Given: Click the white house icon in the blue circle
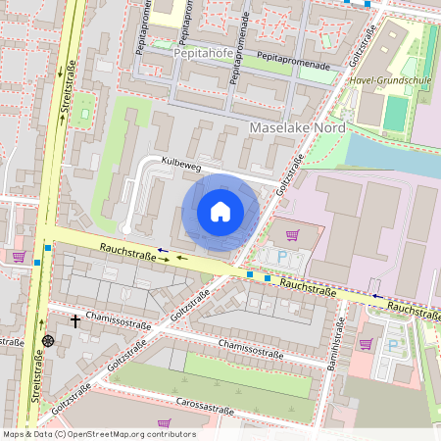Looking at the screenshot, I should click(220, 212).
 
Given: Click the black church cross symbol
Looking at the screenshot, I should click(74, 320).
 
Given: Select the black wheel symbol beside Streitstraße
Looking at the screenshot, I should click(48, 341).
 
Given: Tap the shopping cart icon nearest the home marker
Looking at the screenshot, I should click(292, 235).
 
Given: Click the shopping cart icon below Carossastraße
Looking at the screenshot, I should click(165, 423).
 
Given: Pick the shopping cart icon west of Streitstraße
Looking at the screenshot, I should click(18, 257).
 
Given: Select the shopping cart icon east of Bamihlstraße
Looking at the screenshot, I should click(366, 343).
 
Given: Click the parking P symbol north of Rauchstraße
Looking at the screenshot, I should click(283, 257).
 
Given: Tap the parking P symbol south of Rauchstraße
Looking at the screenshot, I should click(393, 345).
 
